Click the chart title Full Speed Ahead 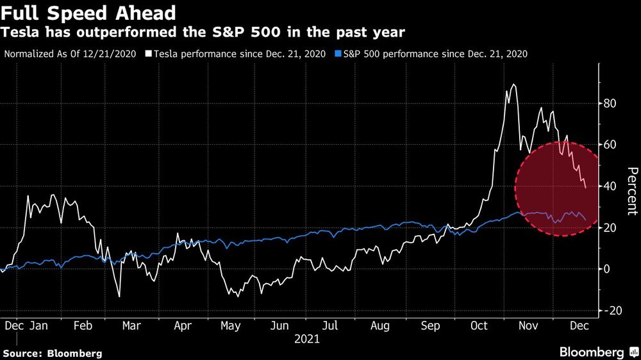click(88, 12)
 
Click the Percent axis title click(632, 190)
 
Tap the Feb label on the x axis click(83, 326)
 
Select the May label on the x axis click(231, 326)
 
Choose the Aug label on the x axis click(380, 326)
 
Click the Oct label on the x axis click(479, 326)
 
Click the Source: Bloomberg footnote click(52, 353)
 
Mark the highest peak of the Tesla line click(513, 85)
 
